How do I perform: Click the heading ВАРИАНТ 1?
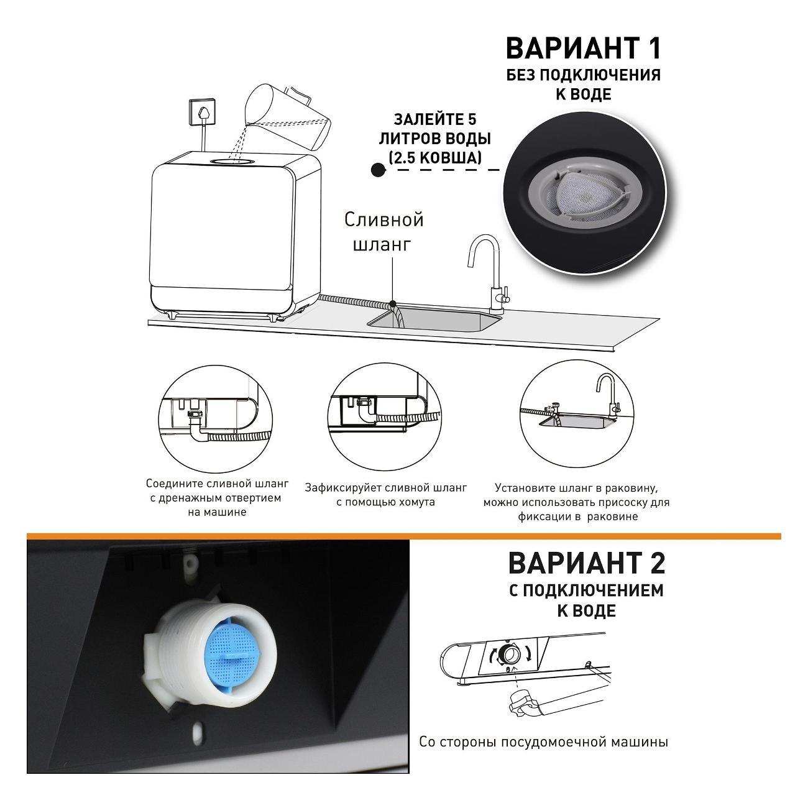583,48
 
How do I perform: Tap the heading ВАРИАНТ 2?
587,563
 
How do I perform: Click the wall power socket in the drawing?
204,111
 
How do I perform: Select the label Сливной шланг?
384,231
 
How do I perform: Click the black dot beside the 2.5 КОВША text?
379,170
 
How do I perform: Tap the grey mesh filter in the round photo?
585,196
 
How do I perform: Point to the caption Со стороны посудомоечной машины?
543,741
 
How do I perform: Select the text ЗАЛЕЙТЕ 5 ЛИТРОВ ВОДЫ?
435,129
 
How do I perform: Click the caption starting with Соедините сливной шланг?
217,498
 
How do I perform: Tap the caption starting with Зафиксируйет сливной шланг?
385,495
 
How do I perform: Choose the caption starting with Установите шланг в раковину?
577,502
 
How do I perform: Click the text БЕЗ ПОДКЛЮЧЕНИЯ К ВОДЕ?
583,85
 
